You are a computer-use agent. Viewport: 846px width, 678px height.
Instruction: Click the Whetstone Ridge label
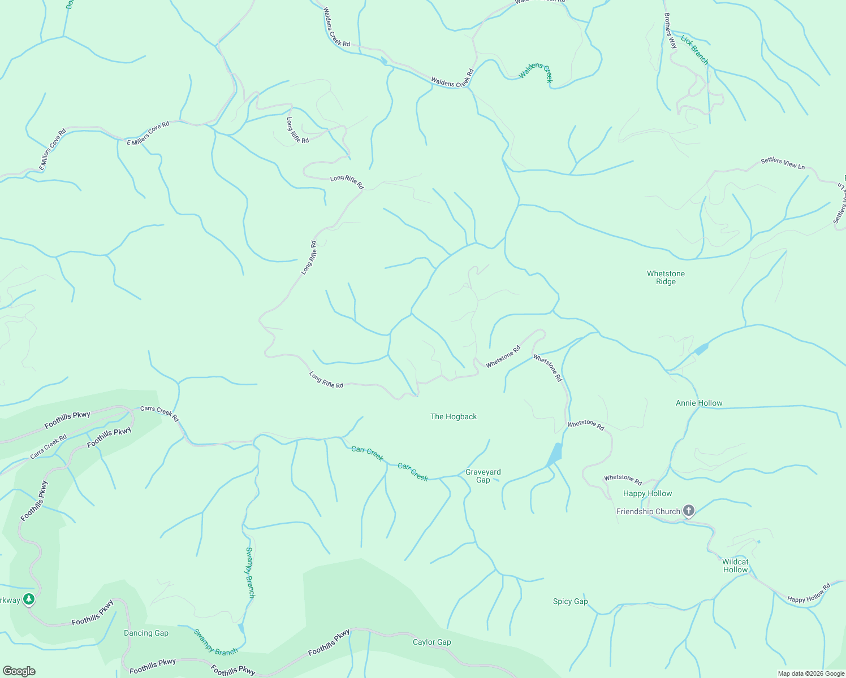coord(666,277)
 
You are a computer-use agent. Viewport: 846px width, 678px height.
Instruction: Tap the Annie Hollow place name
coord(699,403)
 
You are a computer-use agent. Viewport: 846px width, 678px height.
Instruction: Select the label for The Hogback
coord(454,416)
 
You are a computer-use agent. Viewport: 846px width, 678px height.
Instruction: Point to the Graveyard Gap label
coord(483,476)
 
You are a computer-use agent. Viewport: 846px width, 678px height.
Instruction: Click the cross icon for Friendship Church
coord(688,511)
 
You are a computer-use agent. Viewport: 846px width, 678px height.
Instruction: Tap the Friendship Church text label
coord(648,511)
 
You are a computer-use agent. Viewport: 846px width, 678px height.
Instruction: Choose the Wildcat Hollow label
coord(735,566)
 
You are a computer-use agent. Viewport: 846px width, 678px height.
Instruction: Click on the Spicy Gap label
coord(570,601)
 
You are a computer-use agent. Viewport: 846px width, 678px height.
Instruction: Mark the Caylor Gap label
coord(431,642)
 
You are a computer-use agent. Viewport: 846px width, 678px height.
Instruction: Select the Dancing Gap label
coord(146,633)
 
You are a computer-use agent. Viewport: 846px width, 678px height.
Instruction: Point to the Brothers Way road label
coord(670,32)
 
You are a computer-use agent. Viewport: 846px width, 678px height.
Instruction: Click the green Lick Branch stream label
coord(694,50)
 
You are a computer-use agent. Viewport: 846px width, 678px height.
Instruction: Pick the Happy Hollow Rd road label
coord(809,593)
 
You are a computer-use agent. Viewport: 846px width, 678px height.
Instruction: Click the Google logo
coord(19,671)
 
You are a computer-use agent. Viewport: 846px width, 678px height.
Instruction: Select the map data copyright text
coord(811,673)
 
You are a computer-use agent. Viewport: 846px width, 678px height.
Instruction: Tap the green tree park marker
coord(29,599)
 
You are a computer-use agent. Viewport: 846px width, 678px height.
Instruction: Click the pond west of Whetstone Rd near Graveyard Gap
coord(555,454)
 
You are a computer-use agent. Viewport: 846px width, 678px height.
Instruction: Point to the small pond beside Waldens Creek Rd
coord(385,60)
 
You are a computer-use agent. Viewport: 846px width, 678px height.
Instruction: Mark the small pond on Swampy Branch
coord(241,628)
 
